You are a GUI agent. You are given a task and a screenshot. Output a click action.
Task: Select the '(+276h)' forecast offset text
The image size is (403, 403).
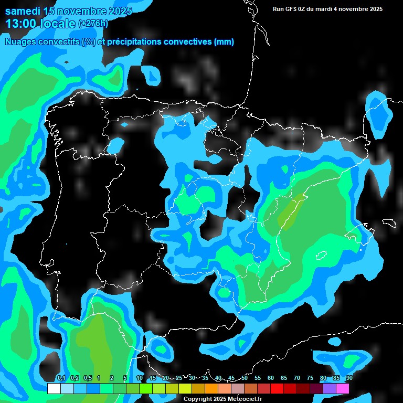click(x=93, y=23)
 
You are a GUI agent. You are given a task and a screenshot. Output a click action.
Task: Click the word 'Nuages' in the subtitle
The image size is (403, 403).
click(x=21, y=42)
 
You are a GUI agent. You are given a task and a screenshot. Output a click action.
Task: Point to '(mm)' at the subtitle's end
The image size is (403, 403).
click(x=224, y=42)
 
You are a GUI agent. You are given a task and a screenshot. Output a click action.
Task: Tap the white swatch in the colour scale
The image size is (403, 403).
click(x=54, y=388)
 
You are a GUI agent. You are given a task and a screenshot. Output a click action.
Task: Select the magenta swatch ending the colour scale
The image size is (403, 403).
click(x=343, y=388)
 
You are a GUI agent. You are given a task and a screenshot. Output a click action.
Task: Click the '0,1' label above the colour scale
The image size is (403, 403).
click(x=61, y=378)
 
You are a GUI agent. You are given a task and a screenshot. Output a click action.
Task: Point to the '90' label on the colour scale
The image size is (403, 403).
click(x=349, y=378)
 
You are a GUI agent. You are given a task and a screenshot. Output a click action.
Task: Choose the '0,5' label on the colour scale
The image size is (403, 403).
click(x=88, y=378)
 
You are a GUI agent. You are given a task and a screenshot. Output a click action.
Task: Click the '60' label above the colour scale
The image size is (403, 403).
click(x=271, y=378)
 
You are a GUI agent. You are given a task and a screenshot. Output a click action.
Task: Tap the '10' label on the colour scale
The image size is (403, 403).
click(x=140, y=378)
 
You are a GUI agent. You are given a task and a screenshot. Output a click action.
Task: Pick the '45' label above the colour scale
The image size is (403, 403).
click(x=231, y=378)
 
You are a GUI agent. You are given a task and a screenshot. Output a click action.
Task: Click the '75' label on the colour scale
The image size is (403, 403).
click(x=310, y=378)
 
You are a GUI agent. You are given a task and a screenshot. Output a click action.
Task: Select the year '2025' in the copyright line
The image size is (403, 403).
click(x=218, y=399)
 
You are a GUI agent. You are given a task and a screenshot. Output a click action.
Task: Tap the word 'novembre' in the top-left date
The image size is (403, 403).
click(x=84, y=11)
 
